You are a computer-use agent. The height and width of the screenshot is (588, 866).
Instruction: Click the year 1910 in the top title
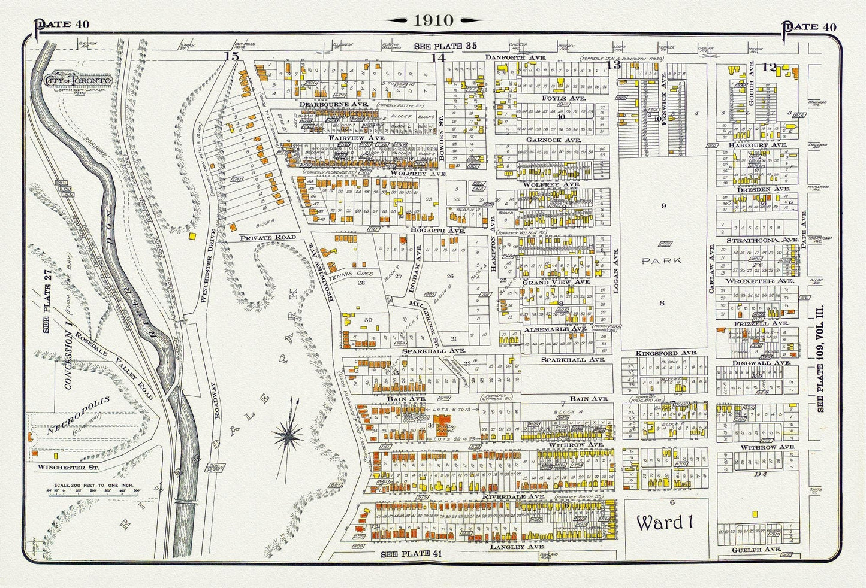point(432,20)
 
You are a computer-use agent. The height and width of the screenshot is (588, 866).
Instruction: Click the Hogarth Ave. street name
point(430,229)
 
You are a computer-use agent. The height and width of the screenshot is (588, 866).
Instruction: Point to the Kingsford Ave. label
point(660,353)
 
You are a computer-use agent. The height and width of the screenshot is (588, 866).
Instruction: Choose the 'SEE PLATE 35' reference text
point(442,46)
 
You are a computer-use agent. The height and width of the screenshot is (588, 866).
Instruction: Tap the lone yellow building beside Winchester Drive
point(193,236)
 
